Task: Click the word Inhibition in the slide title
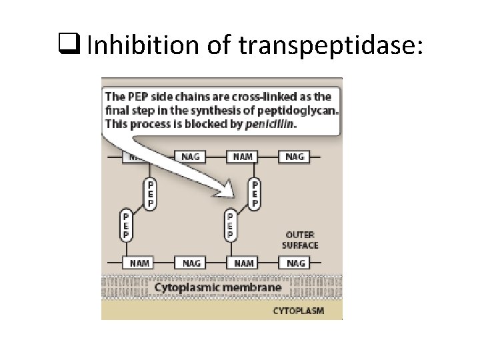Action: [131, 45]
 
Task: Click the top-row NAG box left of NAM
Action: [189, 157]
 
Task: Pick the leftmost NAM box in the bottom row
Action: [139, 263]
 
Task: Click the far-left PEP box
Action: [125, 225]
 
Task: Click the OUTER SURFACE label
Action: [301, 240]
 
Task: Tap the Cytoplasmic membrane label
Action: [218, 288]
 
